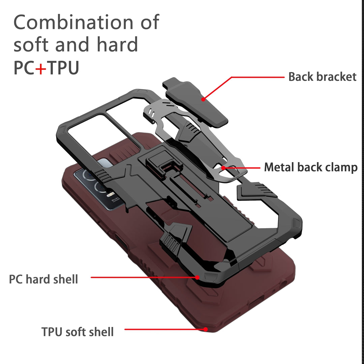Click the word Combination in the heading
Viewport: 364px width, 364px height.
tap(73, 22)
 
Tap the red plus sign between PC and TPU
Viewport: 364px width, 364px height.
tap(41, 68)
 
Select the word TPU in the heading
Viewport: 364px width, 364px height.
tap(63, 67)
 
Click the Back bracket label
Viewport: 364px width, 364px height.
tap(322, 77)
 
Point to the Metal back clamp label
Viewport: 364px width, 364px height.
tap(311, 168)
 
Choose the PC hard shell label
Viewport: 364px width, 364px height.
tap(43, 279)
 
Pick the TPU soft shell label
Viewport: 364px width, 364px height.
tap(78, 332)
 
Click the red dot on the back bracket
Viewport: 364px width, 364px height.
tap(203, 99)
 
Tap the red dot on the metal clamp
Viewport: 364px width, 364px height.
tap(223, 168)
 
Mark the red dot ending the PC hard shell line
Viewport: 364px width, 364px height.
tap(197, 277)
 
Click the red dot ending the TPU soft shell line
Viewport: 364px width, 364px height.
tap(206, 329)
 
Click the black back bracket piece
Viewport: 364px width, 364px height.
tap(195, 102)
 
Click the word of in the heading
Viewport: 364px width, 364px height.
tap(150, 22)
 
